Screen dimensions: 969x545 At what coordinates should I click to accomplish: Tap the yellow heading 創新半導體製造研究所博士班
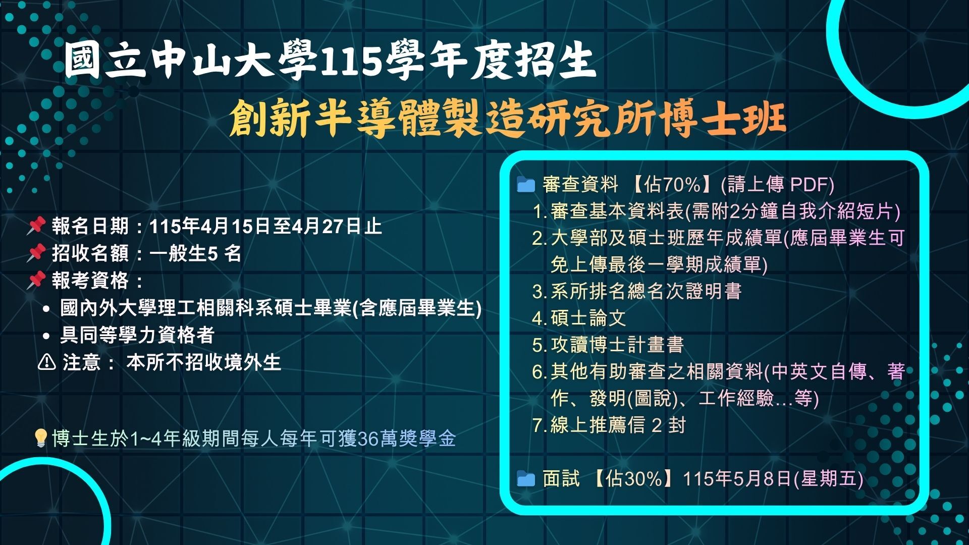point(508,119)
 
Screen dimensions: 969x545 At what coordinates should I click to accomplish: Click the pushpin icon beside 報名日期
point(36,226)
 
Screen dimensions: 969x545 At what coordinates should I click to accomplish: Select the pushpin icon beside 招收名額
point(36,253)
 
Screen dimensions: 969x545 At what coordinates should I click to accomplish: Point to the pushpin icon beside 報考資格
point(36,280)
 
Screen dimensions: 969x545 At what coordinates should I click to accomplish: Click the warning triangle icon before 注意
point(47,362)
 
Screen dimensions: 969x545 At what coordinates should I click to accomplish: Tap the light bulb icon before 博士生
point(40,438)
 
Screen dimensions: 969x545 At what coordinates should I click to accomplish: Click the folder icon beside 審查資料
point(526,185)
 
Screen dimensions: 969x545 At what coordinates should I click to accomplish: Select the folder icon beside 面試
point(526,478)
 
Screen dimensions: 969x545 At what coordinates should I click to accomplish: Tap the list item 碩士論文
point(588,318)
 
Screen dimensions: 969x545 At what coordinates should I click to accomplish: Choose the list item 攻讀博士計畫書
point(617,345)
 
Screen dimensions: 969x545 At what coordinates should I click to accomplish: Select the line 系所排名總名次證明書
point(646,291)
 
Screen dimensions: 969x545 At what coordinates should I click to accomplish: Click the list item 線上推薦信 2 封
point(618,425)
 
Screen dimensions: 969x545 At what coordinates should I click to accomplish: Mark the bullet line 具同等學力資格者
point(137,335)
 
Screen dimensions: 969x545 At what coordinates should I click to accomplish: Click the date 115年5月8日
point(737,478)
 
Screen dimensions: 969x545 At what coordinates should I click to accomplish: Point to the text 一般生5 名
point(196,253)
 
